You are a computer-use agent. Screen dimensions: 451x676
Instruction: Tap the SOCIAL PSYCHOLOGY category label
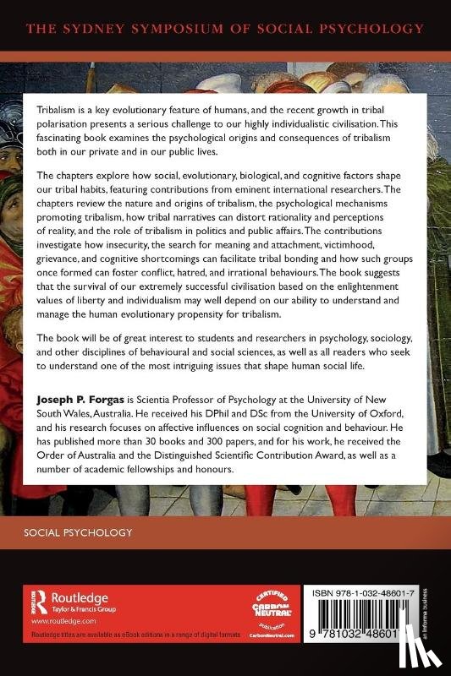tap(80, 533)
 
